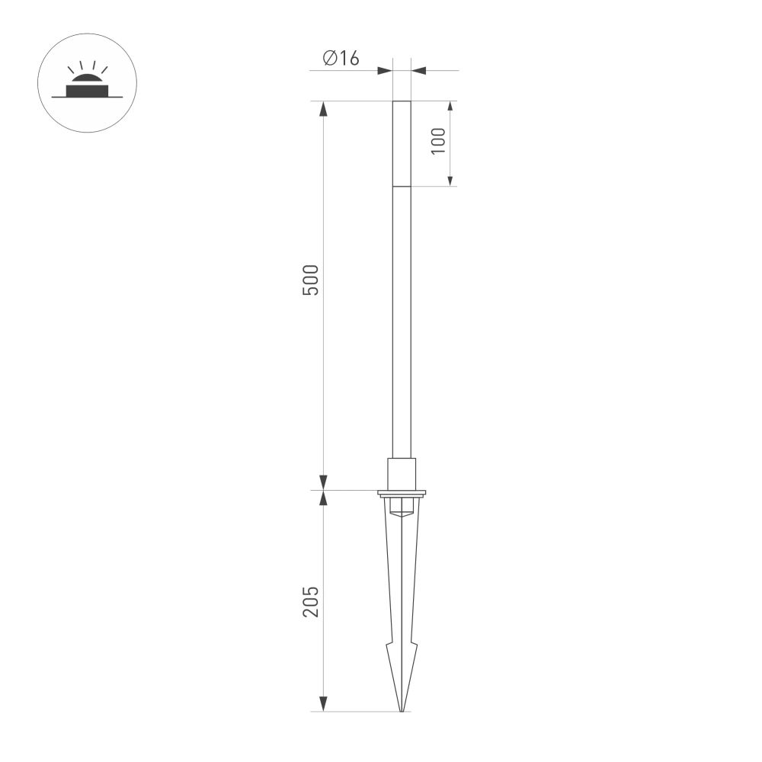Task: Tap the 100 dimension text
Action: [438, 142]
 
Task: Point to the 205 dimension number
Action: [311, 601]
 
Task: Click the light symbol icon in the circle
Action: [87, 83]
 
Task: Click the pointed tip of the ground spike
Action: [402, 710]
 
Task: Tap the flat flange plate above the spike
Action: [402, 493]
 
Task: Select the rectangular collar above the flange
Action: [402, 473]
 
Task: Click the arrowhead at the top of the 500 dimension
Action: [323, 108]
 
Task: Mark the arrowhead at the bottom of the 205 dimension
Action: [323, 704]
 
